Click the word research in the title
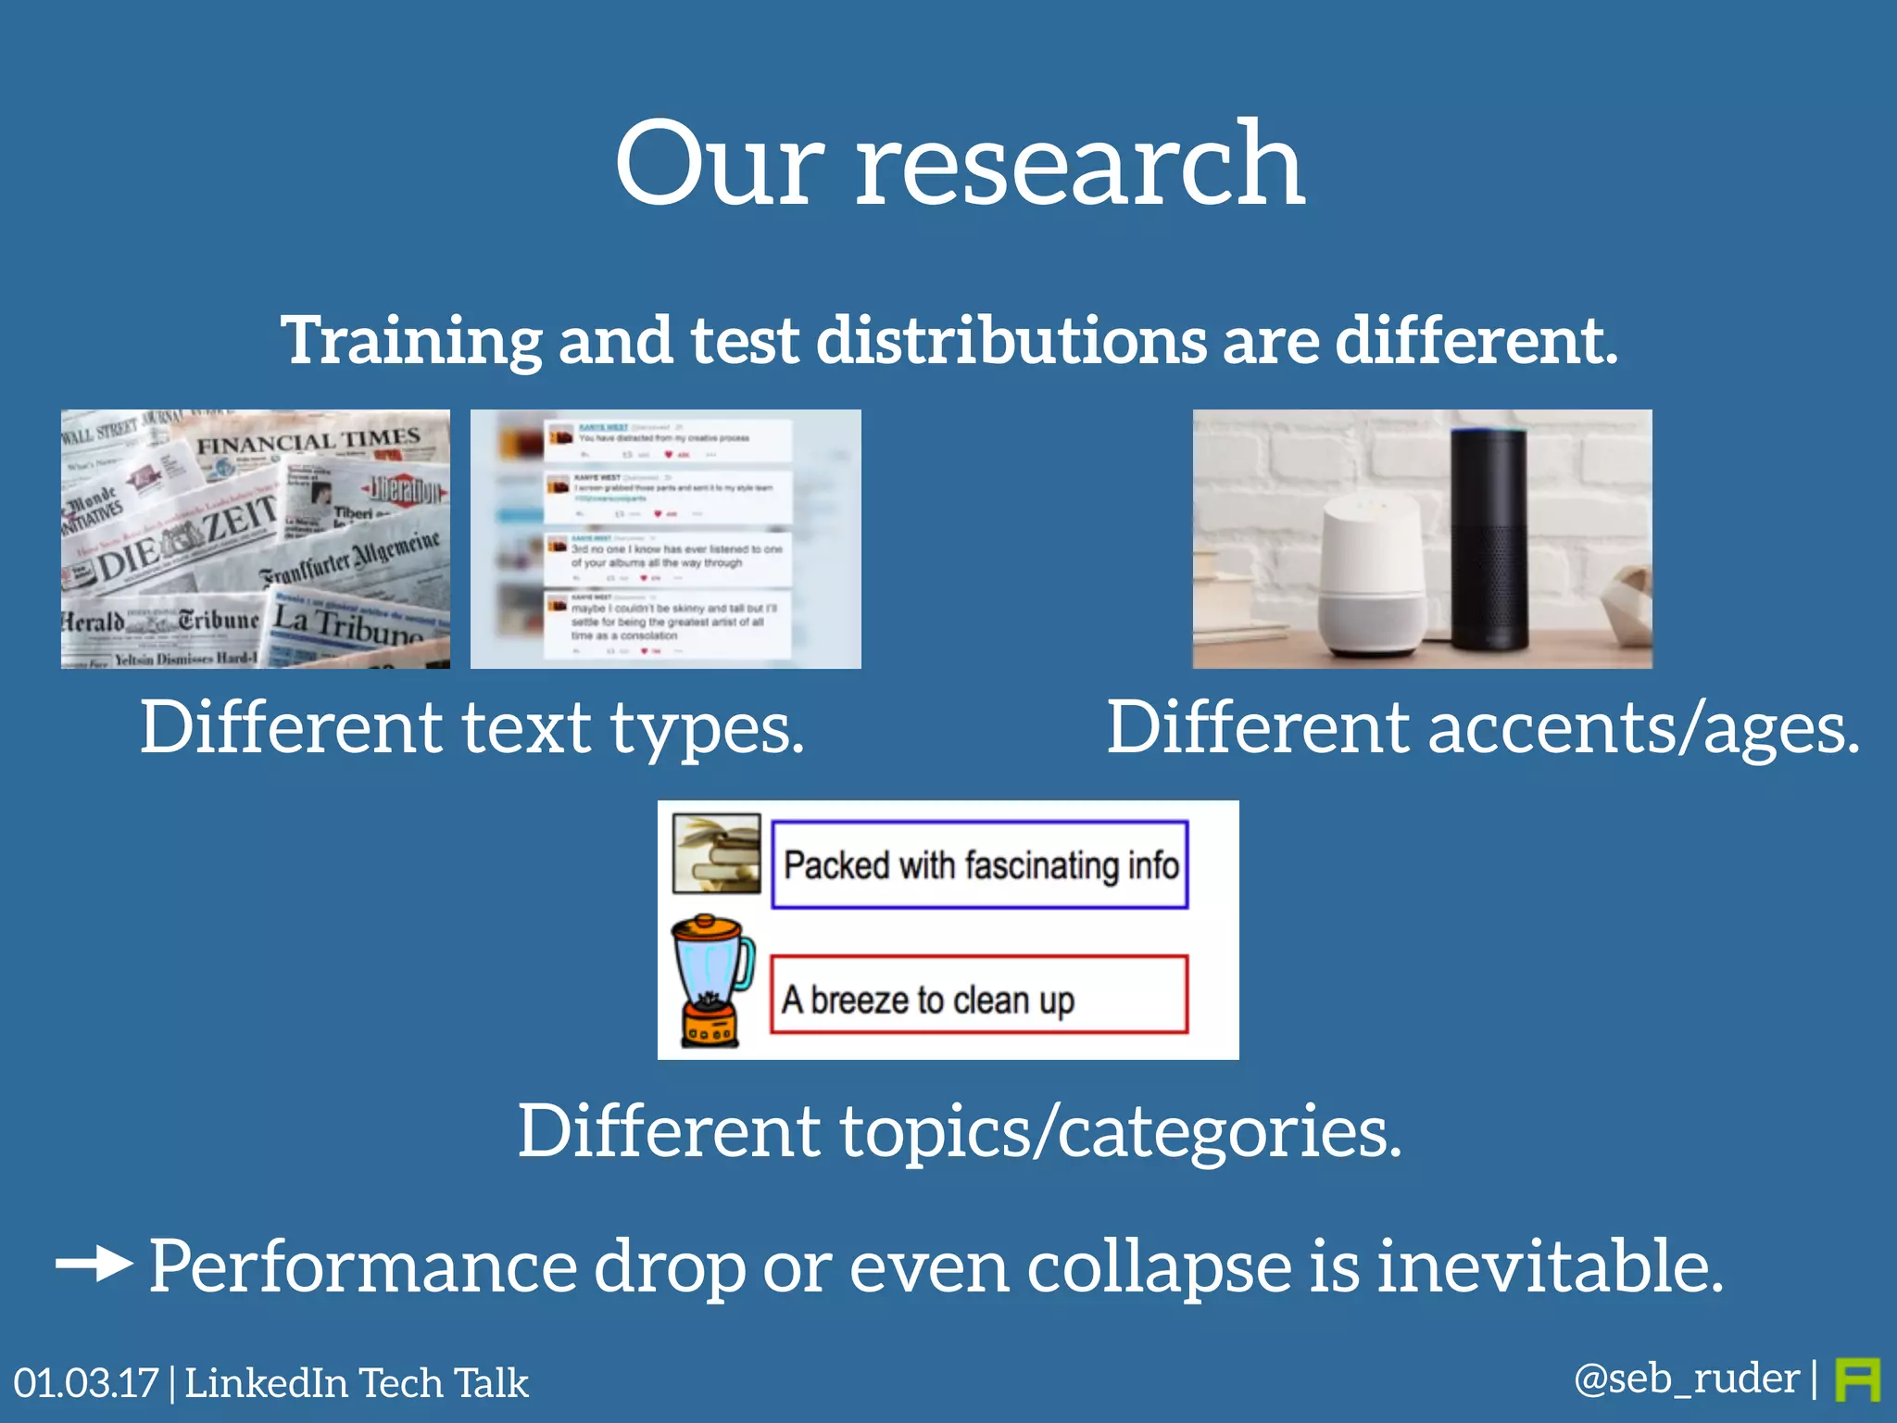[1079, 167]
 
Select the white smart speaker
[1371, 574]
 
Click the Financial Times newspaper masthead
[308, 441]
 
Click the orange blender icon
[711, 980]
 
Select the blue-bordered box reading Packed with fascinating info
[980, 864]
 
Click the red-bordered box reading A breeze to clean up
[978, 995]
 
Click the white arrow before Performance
[94, 1264]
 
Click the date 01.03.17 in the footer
[85, 1383]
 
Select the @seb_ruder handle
[1686, 1379]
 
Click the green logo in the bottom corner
[1857, 1380]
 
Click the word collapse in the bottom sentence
[1158, 1267]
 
